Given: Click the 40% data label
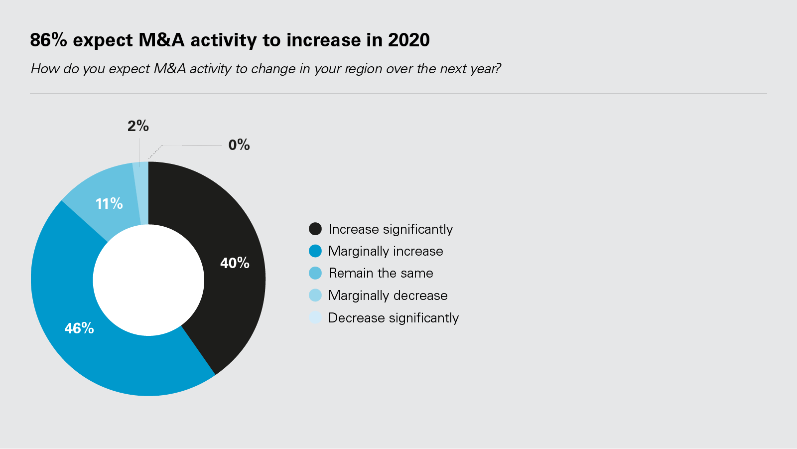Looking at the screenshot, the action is point(235,263).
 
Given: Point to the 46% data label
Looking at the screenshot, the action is point(79,328).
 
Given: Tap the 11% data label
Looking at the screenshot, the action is point(109,204).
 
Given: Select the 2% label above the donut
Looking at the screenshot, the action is point(138,126).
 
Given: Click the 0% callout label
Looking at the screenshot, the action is point(239,145).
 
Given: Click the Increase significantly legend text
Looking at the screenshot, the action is point(391,229).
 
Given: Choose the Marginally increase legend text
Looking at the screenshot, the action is point(386,251).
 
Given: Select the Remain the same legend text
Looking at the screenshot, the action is point(381,273).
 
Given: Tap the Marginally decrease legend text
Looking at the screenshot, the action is point(388,296).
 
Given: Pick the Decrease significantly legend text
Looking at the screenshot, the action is point(394,317).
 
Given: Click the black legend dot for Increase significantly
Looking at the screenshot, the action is point(315,229).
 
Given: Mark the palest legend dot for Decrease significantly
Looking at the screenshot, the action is point(315,317).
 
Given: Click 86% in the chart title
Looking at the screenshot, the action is point(48,39).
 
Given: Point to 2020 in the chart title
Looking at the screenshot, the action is point(409,39).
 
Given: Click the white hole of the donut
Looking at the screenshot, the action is point(148,280).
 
